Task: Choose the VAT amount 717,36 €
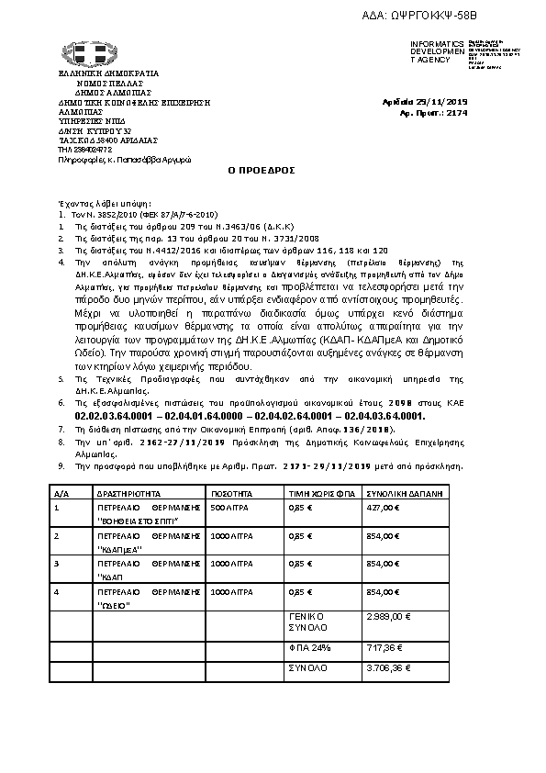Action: pyautogui.click(x=385, y=648)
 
